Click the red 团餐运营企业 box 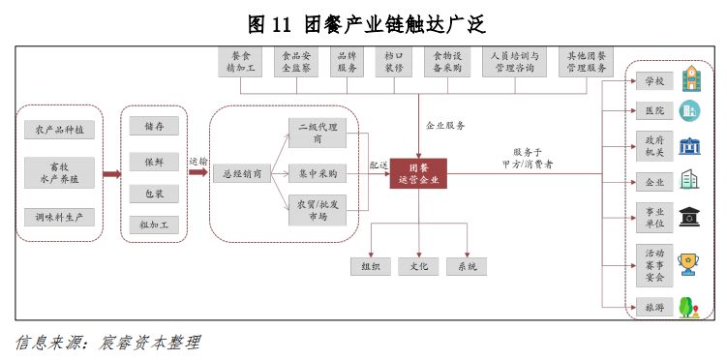pos(418,173)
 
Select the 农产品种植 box pos(59,129)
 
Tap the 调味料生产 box pos(59,217)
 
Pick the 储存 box pos(154,127)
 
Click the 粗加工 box pos(154,225)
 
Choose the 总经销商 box pos(237,174)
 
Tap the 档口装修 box pos(393,62)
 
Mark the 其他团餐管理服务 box pos(586,62)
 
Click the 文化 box pos(418,266)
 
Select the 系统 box pos(467,266)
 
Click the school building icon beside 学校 pos(690,78)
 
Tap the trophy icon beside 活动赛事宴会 pos(690,264)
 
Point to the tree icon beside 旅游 pos(690,308)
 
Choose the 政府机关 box pos(655,146)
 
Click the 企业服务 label pos(445,125)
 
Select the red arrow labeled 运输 pos(197,174)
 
